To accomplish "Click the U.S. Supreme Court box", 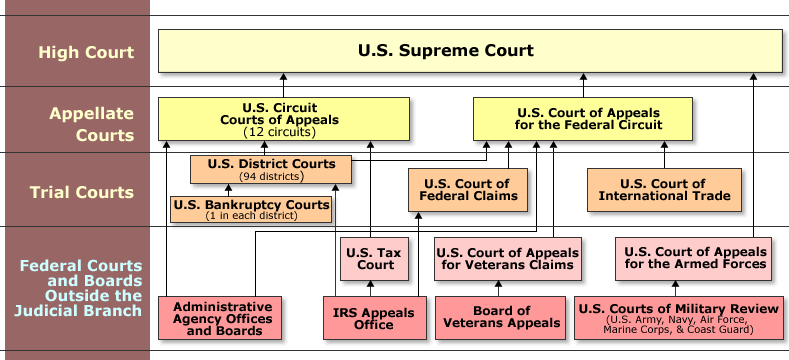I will point(470,50).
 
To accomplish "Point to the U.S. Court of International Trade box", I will point(663,189).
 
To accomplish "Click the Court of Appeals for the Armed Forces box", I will point(694,258).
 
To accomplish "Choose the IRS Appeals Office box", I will point(373,318).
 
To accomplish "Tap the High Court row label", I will point(75,50).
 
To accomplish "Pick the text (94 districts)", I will point(271,176).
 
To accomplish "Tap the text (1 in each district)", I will point(251,216).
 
